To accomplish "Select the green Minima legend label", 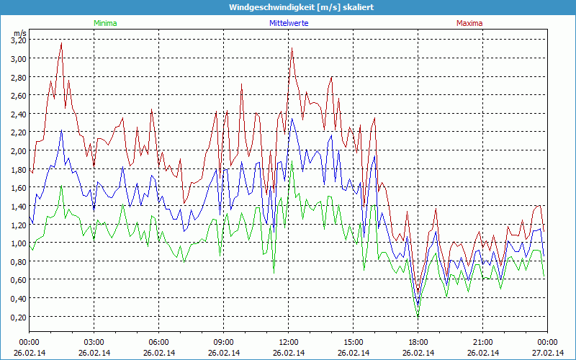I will pyautogui.click(x=105, y=23).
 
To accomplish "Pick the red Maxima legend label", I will pyautogui.click(x=469, y=23).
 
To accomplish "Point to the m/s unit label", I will pyautogui.click(x=19, y=32).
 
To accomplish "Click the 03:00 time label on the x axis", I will pyautogui.click(x=94, y=342).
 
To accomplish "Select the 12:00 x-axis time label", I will pyautogui.click(x=289, y=342).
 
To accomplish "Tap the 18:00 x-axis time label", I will pyautogui.click(x=418, y=342).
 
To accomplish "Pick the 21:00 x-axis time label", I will pyautogui.click(x=483, y=342).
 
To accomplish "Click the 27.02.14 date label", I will pyautogui.click(x=547, y=353).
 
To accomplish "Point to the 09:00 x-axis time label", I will pyautogui.click(x=224, y=342).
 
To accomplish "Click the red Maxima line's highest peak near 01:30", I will pyautogui.click(x=61, y=43).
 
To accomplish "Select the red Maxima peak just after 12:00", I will pyautogui.click(x=292, y=48).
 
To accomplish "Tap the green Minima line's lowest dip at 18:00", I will pyautogui.click(x=418, y=315).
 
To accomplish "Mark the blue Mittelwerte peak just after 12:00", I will pyautogui.click(x=292, y=117).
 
